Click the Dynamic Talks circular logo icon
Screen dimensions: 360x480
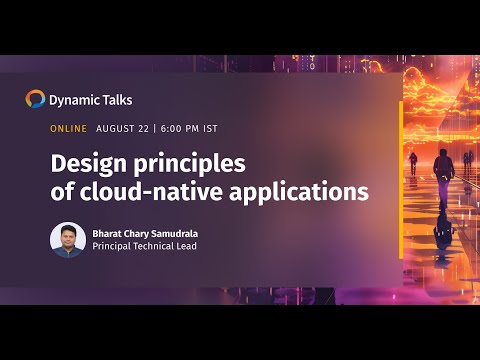(35, 99)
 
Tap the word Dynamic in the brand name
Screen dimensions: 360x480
(75, 100)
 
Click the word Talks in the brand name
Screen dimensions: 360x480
(117, 100)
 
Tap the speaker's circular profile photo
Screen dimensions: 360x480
(68, 240)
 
